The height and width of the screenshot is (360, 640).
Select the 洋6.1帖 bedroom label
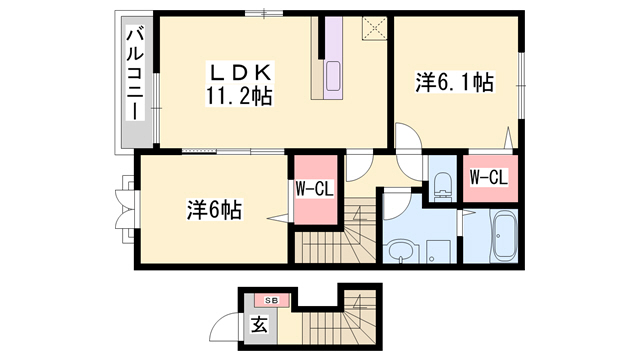[455, 83]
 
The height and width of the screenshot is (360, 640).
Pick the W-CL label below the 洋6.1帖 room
[488, 178]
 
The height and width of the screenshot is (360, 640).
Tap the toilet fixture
[442, 180]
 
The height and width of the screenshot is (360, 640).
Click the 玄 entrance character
[259, 324]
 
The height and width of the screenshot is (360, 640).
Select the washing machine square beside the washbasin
[437, 250]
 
